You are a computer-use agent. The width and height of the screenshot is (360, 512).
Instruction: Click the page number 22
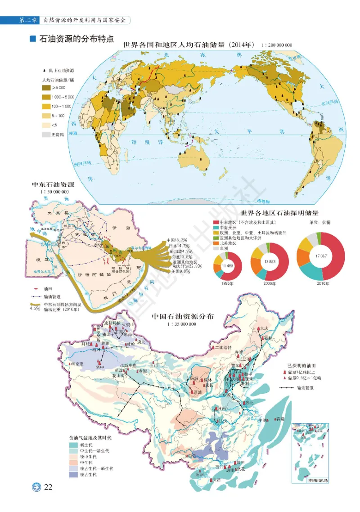[x=48, y=488]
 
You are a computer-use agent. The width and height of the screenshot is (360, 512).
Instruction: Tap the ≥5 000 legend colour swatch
[x=46, y=89]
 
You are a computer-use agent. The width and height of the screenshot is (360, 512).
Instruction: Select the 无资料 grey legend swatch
[x=46, y=134]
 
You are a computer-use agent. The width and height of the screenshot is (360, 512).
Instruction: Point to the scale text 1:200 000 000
[x=275, y=45]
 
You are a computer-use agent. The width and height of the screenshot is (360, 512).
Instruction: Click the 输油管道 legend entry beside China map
[x=305, y=387]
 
